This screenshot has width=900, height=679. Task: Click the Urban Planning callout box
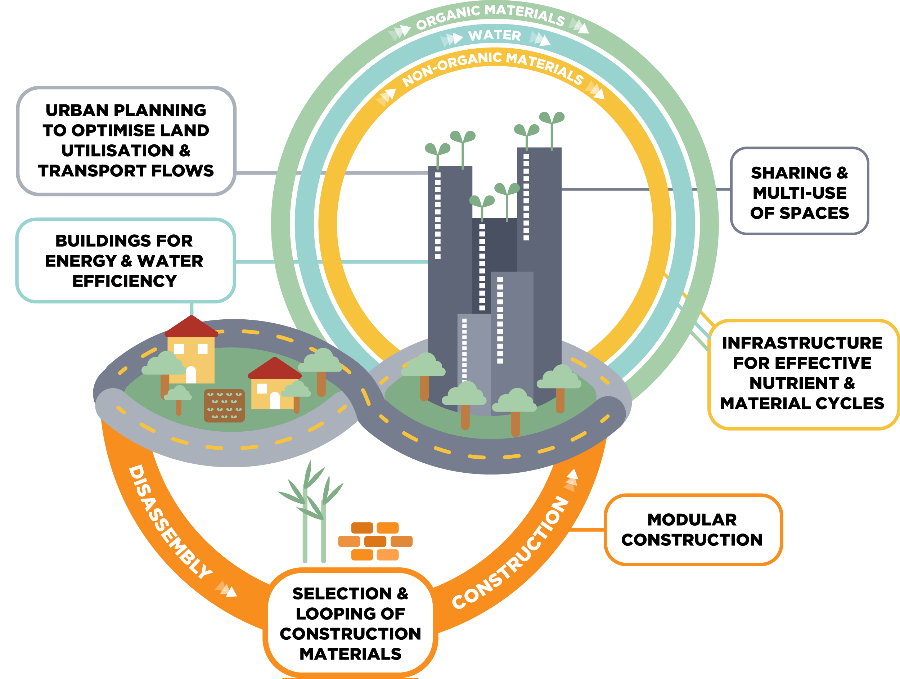[126, 140]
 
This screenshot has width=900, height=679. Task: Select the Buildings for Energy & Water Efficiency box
[125, 260]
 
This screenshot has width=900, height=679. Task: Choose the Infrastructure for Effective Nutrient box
[802, 373]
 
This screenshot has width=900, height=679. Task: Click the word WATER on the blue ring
[494, 35]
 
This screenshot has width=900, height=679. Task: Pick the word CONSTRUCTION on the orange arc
[510, 553]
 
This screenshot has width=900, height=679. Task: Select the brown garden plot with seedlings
[224, 406]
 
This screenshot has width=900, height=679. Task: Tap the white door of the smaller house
[275, 400]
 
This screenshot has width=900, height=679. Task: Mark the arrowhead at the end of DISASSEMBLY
[230, 591]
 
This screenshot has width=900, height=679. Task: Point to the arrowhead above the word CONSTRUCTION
[573, 476]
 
